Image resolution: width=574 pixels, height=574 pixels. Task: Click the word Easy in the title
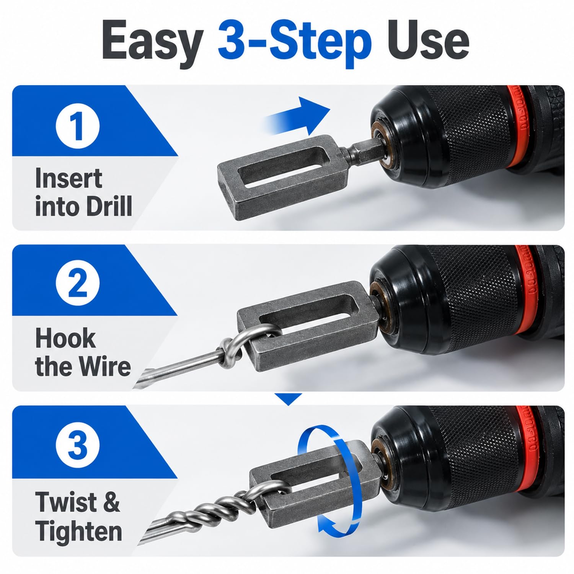click(x=152, y=43)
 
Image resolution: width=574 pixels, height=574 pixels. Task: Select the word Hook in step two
click(x=65, y=338)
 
